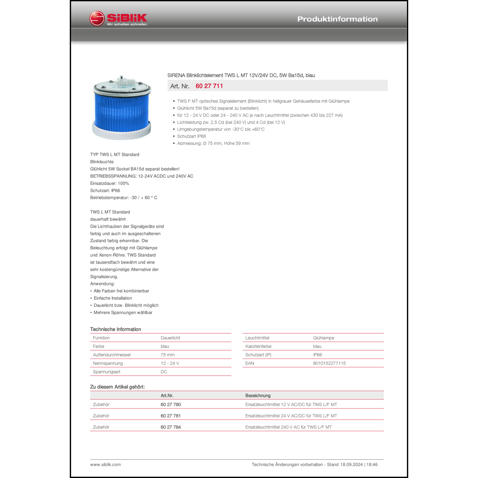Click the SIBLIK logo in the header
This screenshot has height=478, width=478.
119,19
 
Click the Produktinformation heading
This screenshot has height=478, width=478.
337,19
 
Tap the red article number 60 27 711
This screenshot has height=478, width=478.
209,86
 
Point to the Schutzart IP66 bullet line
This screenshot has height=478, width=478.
192,136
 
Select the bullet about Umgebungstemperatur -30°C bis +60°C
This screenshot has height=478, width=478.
221,129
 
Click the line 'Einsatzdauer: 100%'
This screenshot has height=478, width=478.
110,184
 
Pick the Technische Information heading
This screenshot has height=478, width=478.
115,329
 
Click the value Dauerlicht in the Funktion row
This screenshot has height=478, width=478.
170,338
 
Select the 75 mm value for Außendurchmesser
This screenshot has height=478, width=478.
167,355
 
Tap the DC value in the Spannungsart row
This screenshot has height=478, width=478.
164,372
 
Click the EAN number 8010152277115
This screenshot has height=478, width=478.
329,363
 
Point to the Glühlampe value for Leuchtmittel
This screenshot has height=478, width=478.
323,338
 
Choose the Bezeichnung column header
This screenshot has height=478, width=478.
258,395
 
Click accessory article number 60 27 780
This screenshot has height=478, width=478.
170,405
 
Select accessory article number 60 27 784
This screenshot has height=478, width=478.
170,427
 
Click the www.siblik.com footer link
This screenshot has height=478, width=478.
105,465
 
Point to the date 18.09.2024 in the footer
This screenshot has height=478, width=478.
351,465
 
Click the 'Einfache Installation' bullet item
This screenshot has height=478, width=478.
112,298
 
